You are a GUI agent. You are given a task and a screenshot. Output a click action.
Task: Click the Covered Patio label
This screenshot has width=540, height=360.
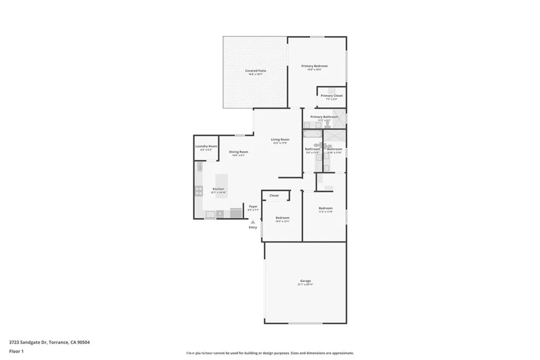pos(255,71)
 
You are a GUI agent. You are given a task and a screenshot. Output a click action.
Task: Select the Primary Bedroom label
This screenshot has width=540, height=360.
pos(314,66)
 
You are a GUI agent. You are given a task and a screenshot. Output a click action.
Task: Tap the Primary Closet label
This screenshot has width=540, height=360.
pos(332,95)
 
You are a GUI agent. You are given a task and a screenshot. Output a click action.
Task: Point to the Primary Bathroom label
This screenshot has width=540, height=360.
pos(324,116)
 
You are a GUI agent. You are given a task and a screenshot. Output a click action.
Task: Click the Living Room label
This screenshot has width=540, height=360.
pos(280,140)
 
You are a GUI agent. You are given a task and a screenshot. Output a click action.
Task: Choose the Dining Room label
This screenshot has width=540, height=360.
pos(238,152)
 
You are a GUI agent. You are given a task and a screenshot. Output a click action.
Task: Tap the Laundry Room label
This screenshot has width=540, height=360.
pos(206,146)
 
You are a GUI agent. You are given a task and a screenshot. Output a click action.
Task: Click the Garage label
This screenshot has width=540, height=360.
pos(305,281)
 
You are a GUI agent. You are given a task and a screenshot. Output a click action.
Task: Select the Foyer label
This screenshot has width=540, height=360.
pos(253,206)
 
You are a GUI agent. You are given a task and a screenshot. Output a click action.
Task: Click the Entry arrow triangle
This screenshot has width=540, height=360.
pos(253,222)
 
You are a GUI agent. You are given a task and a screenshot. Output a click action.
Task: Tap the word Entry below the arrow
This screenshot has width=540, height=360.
pos(253,227)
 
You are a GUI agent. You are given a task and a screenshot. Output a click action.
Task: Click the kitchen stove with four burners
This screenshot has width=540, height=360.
pos(199,191)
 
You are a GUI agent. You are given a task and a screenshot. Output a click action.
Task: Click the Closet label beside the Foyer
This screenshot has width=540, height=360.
pos(274,196)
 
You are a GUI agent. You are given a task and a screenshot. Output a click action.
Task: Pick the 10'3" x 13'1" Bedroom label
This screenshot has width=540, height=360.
pos(282,218)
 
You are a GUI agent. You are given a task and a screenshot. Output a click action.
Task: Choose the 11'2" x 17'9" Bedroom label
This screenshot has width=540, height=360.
pos(325,208)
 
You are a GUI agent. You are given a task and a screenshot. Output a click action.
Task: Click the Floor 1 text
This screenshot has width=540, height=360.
pos(17,351)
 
